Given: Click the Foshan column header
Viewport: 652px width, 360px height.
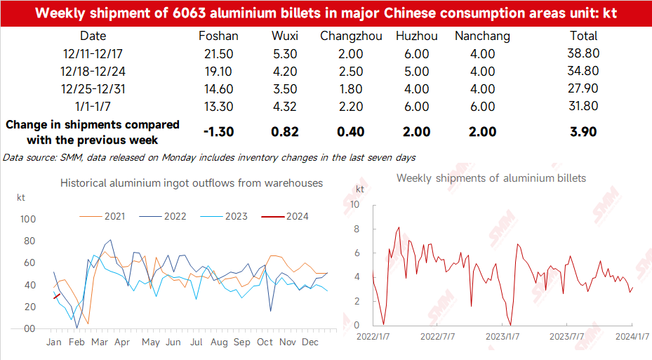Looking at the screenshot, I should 219,36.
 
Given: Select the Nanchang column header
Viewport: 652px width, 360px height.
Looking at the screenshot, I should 482,36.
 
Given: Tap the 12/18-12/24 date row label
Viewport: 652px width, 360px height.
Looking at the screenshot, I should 93,71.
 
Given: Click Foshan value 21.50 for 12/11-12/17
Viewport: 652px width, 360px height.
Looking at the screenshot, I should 219,53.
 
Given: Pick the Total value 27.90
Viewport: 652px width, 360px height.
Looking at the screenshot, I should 583,88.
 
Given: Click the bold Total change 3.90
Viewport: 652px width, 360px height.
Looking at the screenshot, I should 583,132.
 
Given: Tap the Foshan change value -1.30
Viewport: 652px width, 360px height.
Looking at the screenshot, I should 218,132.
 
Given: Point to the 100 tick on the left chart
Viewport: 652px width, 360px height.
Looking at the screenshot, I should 27,219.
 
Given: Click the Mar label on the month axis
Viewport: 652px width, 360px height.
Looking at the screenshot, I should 99,342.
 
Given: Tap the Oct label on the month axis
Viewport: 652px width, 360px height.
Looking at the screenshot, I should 265,342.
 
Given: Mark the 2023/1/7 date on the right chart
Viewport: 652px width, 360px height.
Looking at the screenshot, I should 503,337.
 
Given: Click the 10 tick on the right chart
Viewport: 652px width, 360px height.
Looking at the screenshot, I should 355,205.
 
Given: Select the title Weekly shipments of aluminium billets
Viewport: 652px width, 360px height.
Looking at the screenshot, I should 491,178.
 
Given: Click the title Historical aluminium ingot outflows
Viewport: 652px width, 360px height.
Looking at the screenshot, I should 192,182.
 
